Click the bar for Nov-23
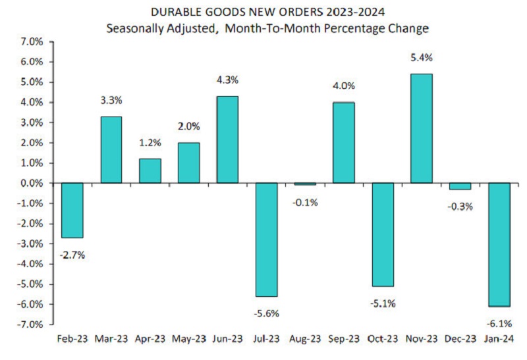(x=422, y=128)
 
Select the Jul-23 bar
(x=266, y=240)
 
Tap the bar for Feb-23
(x=72, y=210)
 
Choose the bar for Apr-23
(x=150, y=170)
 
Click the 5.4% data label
(x=422, y=59)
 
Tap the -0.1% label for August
(x=305, y=203)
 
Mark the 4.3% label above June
(x=227, y=80)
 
